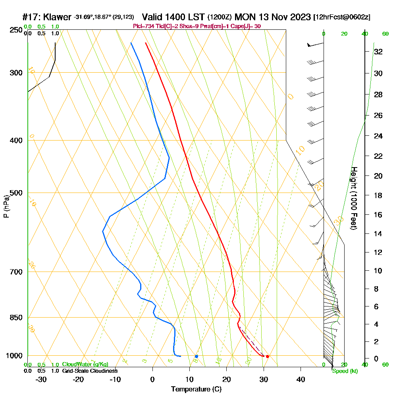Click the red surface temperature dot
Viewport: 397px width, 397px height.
[268, 356]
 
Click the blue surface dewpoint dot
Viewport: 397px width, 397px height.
[197, 356]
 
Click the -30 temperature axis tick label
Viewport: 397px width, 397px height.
[41, 379]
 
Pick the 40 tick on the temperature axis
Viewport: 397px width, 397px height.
[301, 379]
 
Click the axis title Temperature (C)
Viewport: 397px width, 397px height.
[196, 389]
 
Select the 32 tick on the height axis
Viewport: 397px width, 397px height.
[378, 52]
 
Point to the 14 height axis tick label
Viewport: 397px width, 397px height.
[378, 233]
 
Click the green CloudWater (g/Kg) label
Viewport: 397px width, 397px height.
[85, 364]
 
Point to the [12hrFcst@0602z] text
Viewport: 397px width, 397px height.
[342, 17]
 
